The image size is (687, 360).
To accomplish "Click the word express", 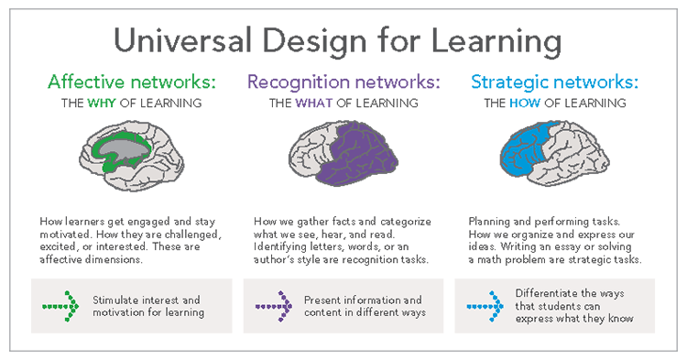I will pyautogui.click(x=535, y=322).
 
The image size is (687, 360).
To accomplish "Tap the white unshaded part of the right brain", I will pyautogui.click(x=586, y=151).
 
